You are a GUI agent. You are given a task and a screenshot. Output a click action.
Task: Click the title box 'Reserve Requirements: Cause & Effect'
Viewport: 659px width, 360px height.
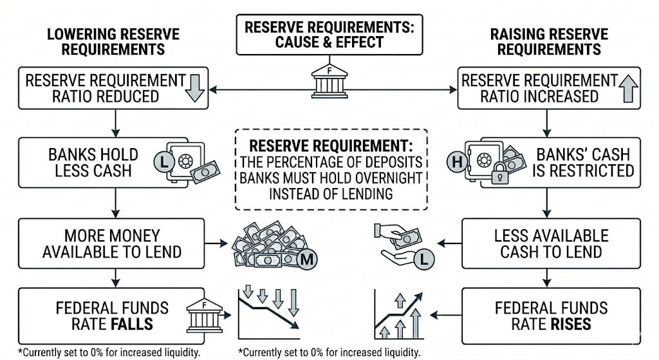(329, 35)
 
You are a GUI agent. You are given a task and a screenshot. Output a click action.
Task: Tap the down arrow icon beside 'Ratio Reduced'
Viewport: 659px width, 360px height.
(194, 88)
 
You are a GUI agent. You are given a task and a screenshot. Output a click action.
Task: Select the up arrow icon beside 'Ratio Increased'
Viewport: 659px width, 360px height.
(628, 88)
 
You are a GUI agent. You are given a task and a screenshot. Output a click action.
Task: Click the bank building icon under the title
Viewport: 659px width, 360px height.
(329, 81)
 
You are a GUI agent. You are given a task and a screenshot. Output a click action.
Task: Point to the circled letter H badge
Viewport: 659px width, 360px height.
(457, 162)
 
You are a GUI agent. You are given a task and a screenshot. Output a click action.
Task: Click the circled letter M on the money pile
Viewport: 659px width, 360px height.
(307, 259)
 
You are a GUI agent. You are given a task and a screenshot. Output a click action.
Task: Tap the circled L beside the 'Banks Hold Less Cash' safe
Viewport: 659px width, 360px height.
(164, 162)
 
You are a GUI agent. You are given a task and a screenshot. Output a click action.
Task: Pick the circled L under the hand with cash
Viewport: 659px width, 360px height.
(423, 259)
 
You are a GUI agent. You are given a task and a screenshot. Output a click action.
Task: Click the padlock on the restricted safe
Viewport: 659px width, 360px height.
(499, 173)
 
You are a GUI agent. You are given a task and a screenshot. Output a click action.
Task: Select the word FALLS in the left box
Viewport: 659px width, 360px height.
(131, 324)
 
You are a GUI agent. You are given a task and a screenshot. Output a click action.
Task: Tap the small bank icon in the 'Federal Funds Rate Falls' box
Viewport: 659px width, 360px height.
(204, 316)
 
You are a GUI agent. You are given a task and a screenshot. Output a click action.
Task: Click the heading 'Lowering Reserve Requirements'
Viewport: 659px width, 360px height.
(113, 42)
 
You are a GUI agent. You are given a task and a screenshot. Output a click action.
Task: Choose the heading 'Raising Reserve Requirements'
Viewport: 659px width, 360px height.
(549, 42)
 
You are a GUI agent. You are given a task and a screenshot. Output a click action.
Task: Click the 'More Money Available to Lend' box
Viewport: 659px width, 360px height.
(111, 243)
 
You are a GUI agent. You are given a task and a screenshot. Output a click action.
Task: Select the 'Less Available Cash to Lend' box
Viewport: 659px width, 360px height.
(551, 243)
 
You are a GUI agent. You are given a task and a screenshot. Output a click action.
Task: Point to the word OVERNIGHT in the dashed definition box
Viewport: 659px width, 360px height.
(388, 178)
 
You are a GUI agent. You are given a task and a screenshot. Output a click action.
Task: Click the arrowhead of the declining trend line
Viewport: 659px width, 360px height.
(295, 325)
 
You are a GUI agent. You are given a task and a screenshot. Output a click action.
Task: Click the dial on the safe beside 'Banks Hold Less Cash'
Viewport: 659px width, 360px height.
(185, 160)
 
